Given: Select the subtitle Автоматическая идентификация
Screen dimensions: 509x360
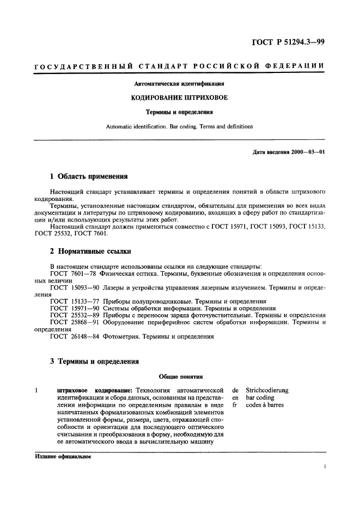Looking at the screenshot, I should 180,84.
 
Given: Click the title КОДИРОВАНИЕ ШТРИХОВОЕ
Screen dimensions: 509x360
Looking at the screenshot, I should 180,98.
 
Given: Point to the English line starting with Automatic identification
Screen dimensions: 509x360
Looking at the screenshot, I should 180,126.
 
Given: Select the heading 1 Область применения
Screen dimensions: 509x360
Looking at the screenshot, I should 89,176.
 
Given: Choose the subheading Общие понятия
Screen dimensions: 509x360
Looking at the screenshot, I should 180,376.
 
